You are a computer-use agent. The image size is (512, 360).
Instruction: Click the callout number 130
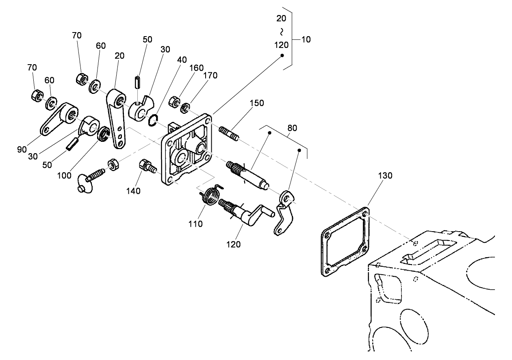tap(385, 176)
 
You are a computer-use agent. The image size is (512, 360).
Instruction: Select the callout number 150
tap(257, 103)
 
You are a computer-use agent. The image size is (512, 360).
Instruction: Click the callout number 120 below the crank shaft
tap(234, 244)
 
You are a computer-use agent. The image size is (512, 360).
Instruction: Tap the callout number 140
tap(133, 191)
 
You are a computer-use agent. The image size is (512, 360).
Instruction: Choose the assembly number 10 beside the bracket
tap(306, 39)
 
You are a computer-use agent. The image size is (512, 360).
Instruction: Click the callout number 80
tap(292, 128)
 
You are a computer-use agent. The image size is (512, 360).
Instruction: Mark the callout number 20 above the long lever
tap(119, 56)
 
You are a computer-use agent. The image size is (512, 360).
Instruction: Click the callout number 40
tap(182, 59)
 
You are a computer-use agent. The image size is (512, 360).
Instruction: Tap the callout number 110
tap(195, 224)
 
